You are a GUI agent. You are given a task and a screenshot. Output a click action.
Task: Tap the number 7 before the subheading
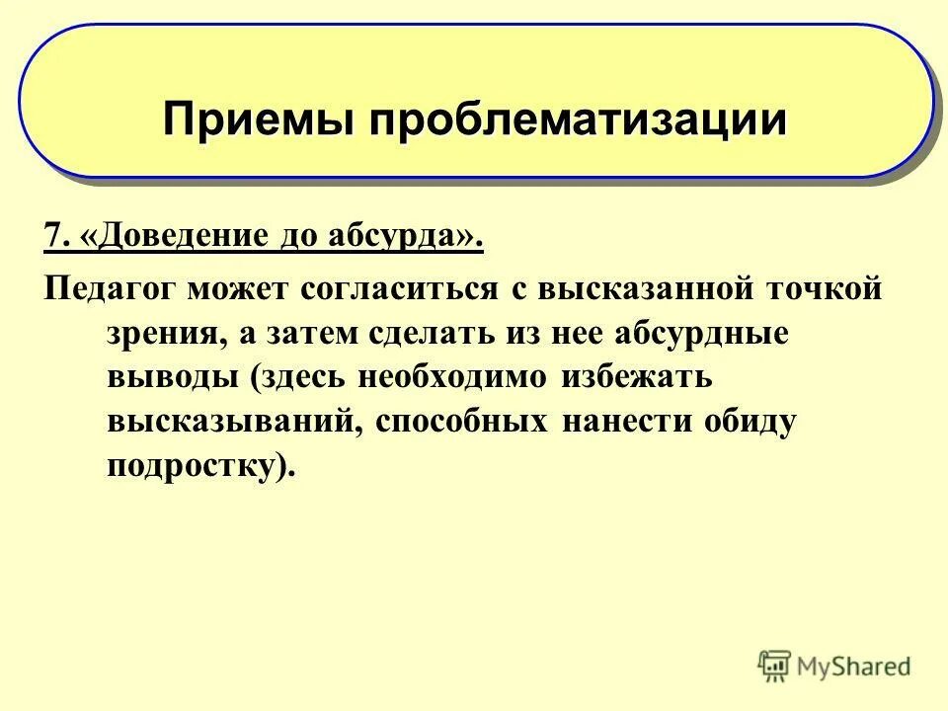50,238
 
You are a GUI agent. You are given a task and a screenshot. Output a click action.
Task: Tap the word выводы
165,377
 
